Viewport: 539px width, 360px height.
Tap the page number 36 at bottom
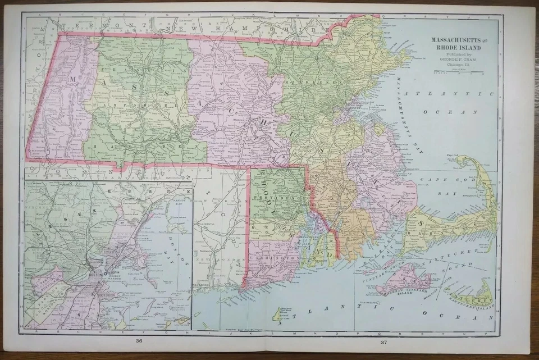[x=138, y=341]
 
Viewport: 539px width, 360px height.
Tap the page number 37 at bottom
[x=383, y=341]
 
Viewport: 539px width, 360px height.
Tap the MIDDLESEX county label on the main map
[x=307, y=81]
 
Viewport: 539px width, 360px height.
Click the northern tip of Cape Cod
[x=462, y=159]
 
